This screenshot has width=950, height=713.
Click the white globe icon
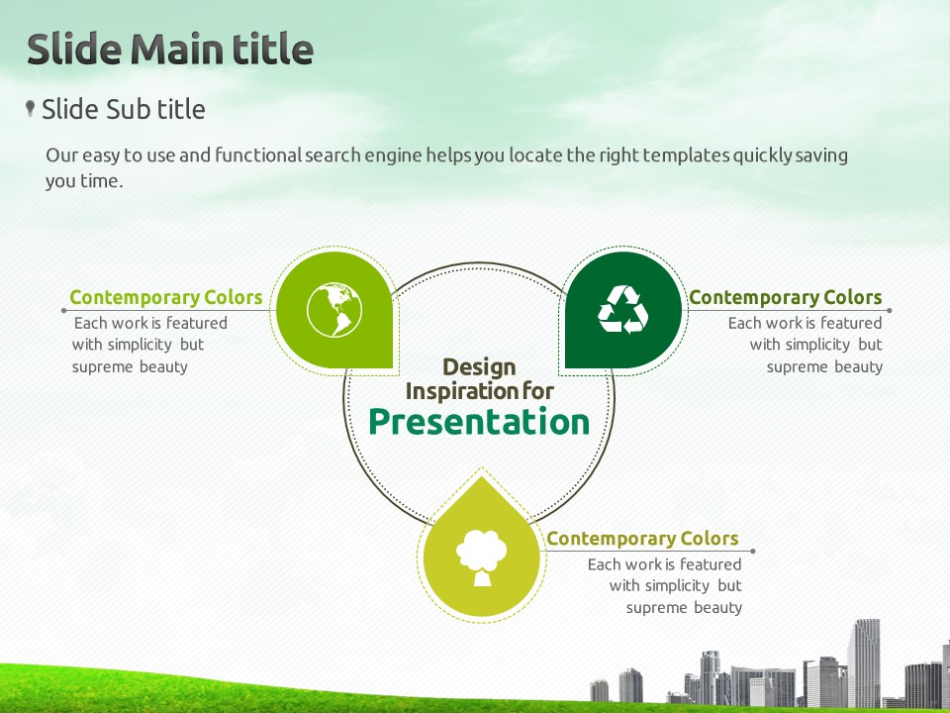pyautogui.click(x=334, y=310)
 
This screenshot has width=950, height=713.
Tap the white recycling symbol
pyautogui.click(x=622, y=309)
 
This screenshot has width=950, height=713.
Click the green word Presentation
pyautogui.click(x=479, y=422)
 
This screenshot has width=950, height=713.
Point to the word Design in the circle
pyautogui.click(x=479, y=366)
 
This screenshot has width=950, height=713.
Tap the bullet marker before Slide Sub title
pyautogui.click(x=30, y=109)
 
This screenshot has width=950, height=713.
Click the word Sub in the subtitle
pyautogui.click(x=128, y=110)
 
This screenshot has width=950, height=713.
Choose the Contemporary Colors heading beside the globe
pyautogui.click(x=166, y=297)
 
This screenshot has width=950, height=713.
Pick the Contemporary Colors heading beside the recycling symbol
pyautogui.click(x=785, y=297)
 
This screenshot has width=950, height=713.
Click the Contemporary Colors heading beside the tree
pyautogui.click(x=642, y=539)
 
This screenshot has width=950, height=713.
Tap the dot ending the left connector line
pyautogui.click(x=64, y=311)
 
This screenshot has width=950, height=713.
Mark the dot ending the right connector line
pyautogui.click(x=889, y=310)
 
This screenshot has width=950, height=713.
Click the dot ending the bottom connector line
pyautogui.click(x=752, y=552)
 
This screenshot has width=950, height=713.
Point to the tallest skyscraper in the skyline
pyautogui.click(x=864, y=662)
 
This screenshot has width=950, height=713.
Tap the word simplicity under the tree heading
pyautogui.click(x=677, y=585)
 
